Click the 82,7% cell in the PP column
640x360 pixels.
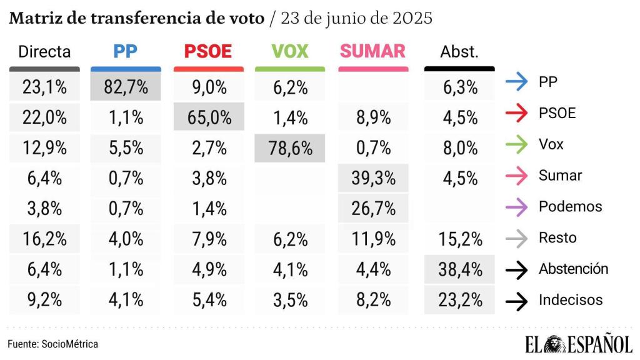tap(125, 87)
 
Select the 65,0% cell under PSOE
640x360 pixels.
tap(207, 117)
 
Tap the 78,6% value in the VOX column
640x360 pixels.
tap(290, 148)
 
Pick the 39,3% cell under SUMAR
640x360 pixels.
tap(372, 179)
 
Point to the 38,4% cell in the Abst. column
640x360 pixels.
tap(459, 270)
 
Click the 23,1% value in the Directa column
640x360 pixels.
tap(44, 87)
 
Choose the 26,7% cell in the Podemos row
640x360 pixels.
tap(372, 209)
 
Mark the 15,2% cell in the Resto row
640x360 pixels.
tap(459, 239)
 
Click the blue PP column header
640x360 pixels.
tap(126, 51)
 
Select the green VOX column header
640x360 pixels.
tap(290, 51)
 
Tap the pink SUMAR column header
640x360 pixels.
tap(372, 51)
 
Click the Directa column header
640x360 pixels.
tap(44, 52)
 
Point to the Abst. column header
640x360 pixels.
tap(459, 52)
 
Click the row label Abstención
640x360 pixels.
tap(573, 269)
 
